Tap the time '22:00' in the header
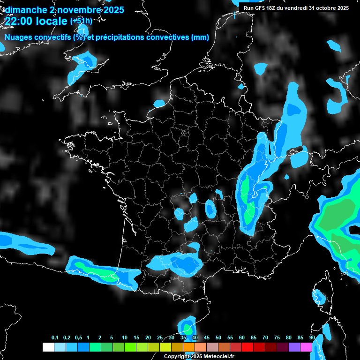point(18,21)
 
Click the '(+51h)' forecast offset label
point(81,21)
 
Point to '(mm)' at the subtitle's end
point(200,38)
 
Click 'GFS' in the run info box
point(262,8)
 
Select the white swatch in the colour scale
point(48,347)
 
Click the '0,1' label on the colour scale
point(55,338)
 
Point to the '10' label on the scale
point(125,338)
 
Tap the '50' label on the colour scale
point(218,338)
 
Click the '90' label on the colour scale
point(312,338)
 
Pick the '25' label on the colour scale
point(160,338)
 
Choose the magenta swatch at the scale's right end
point(306,347)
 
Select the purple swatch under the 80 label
point(294,347)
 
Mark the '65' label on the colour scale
point(254,338)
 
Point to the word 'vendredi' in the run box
point(296,8)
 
